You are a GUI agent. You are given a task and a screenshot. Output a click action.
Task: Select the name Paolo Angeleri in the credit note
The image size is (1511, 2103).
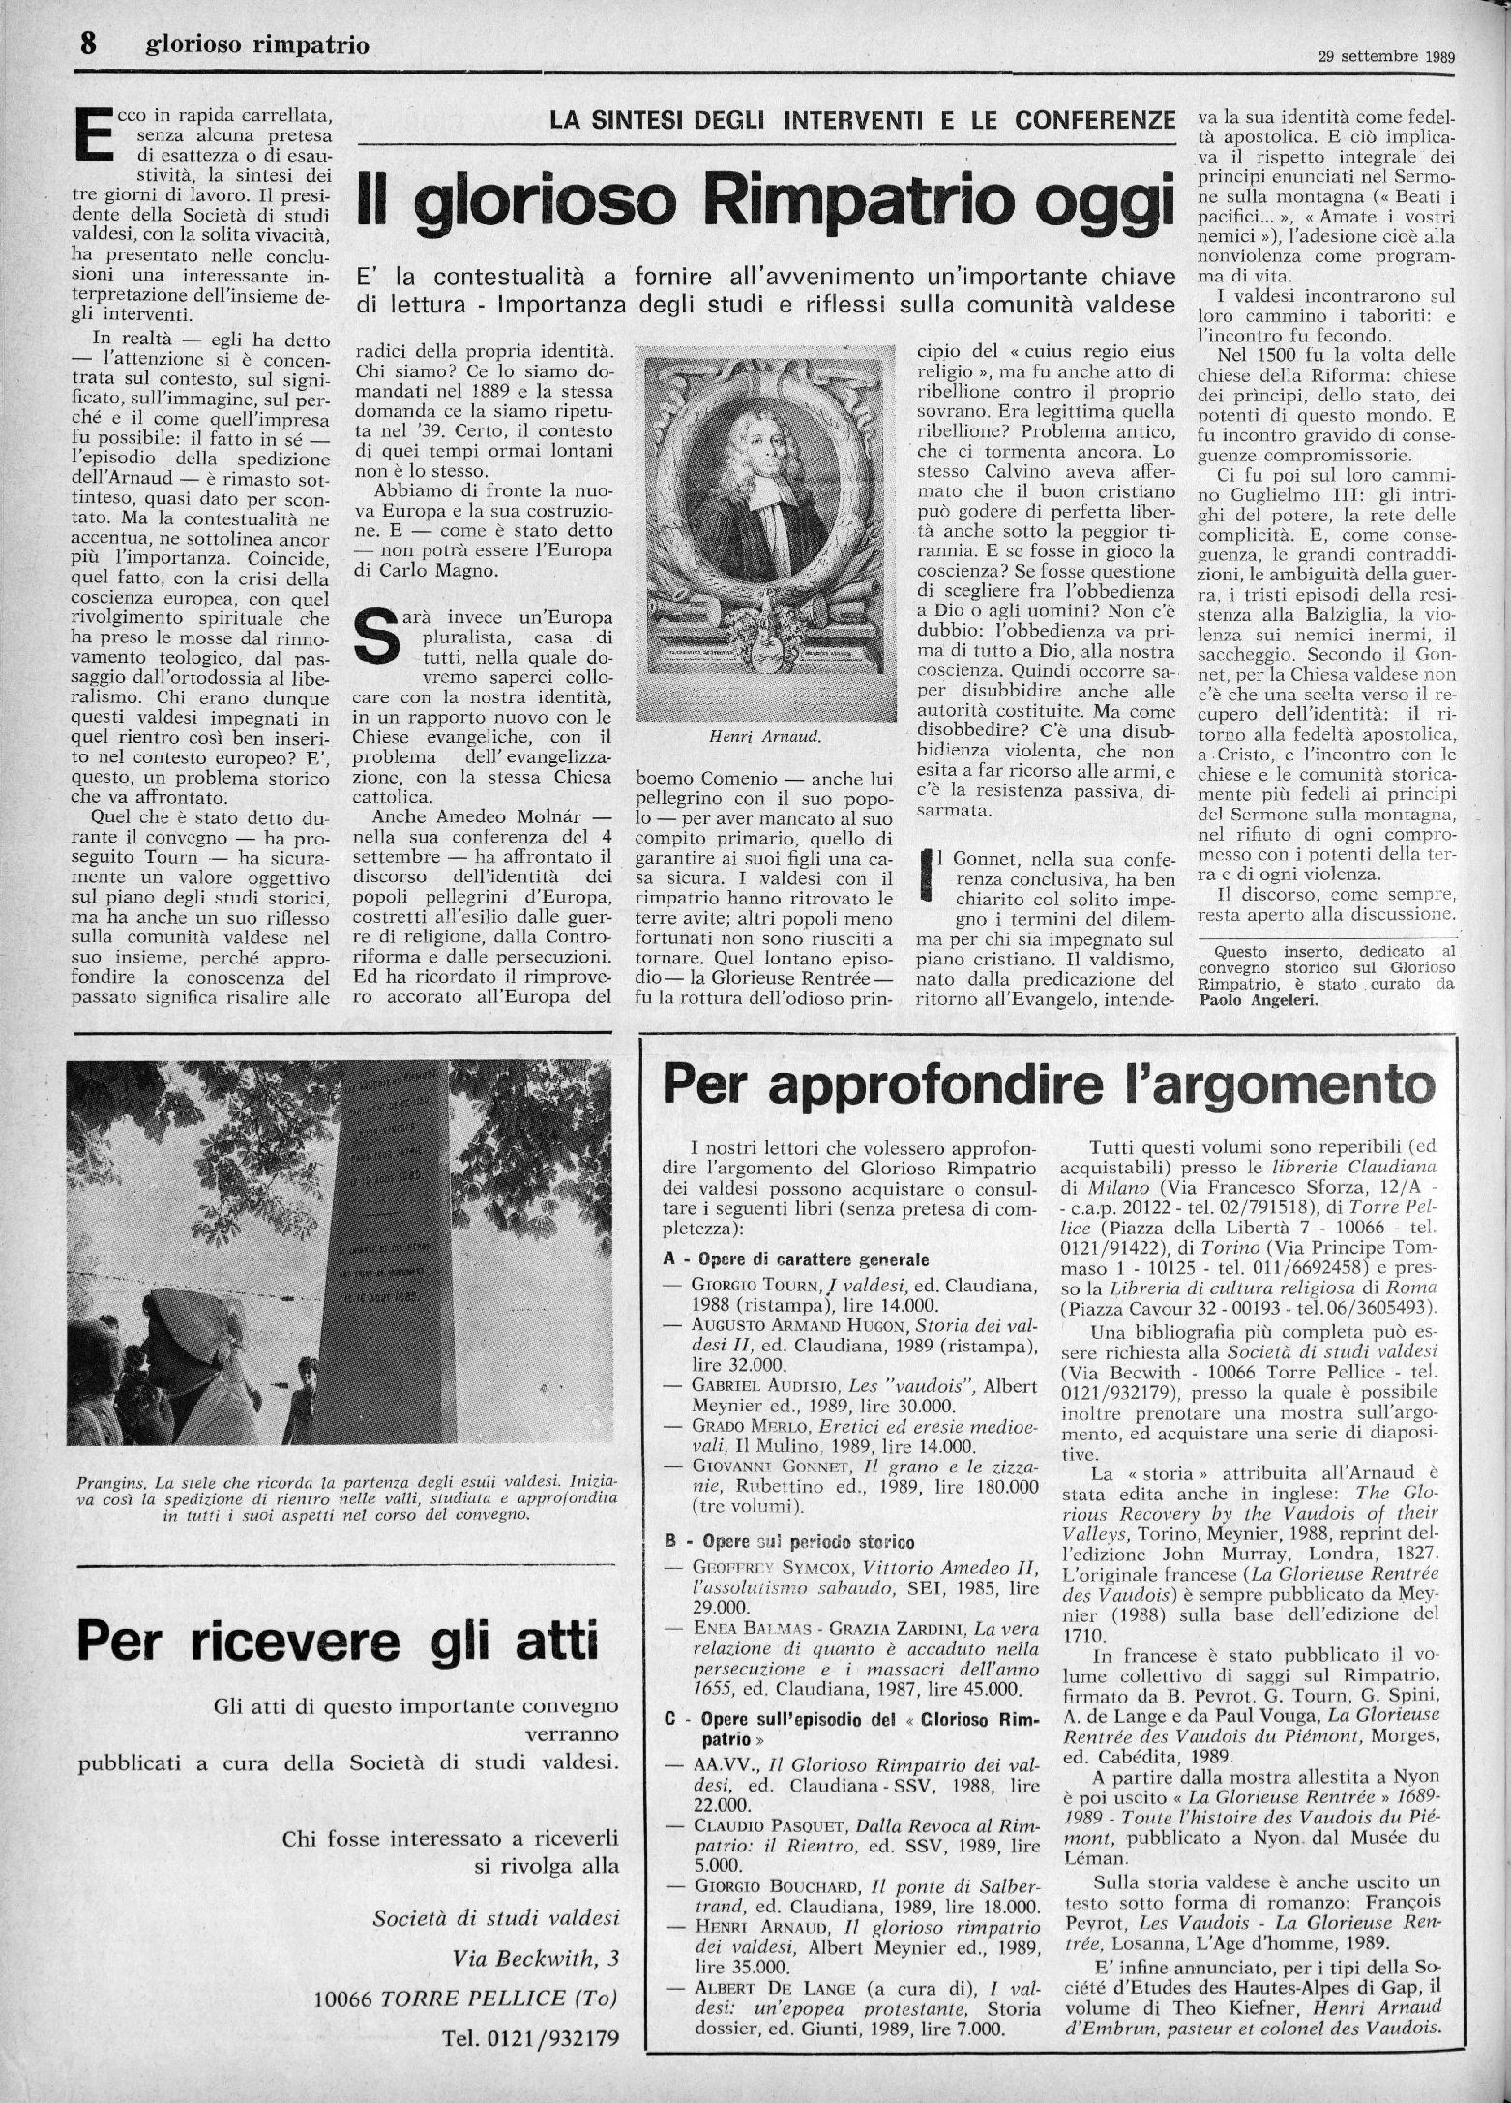coord(1258,1002)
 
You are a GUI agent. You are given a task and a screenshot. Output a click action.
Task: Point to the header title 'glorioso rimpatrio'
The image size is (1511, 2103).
coord(257,45)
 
